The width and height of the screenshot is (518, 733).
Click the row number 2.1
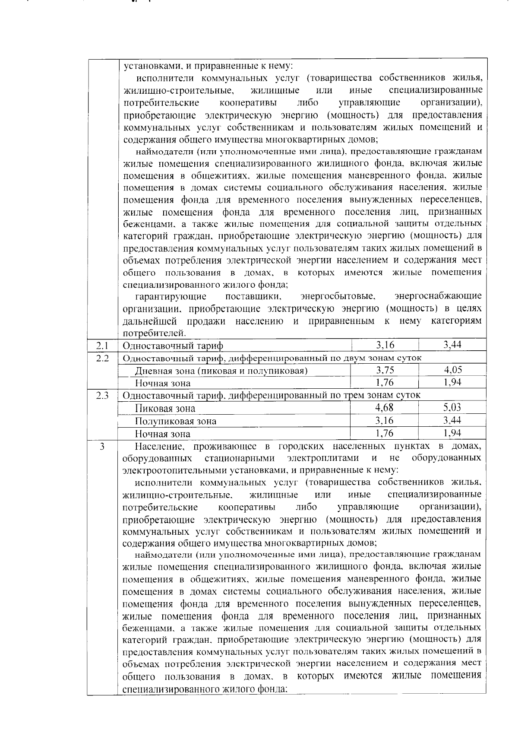pyautogui.click(x=102, y=346)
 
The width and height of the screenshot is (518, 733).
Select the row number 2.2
pyautogui.click(x=102, y=358)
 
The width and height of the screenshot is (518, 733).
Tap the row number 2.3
pyautogui.click(x=102, y=395)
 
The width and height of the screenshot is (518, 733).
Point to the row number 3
pyautogui.click(x=102, y=446)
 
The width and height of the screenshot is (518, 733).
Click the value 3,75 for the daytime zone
pyautogui.click(x=385, y=370)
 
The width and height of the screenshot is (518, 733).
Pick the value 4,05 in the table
pyautogui.click(x=453, y=370)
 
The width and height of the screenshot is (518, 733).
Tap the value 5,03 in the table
pyautogui.click(x=452, y=408)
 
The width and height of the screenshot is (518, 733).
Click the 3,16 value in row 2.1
pyautogui.click(x=385, y=345)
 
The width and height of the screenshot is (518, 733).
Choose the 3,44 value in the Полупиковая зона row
pyautogui.click(x=452, y=420)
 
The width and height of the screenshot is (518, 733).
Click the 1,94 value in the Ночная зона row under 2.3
pyautogui.click(x=452, y=433)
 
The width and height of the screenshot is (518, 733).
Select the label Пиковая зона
pyautogui.click(x=165, y=409)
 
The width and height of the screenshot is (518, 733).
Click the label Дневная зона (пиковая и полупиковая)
pyautogui.click(x=221, y=371)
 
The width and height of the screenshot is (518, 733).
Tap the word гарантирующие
pyautogui.click(x=171, y=297)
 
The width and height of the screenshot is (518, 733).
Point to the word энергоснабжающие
pyautogui.click(x=438, y=297)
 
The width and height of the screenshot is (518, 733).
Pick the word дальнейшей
pyautogui.click(x=151, y=321)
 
